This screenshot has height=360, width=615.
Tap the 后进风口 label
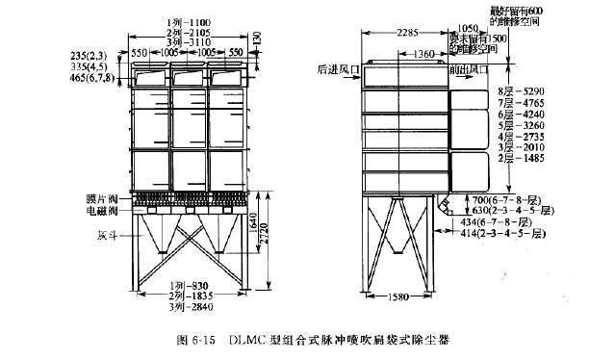click(x=332, y=69)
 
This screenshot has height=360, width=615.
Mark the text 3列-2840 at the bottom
click(x=189, y=307)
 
